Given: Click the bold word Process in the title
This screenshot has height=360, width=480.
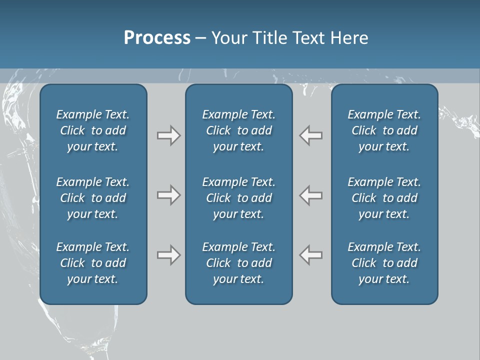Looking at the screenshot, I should [x=157, y=38].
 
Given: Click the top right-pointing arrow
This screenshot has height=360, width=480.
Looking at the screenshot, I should [x=168, y=135].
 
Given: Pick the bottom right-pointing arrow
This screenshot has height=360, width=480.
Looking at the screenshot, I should [x=168, y=255].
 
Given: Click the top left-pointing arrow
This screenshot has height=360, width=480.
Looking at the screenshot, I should [x=311, y=135].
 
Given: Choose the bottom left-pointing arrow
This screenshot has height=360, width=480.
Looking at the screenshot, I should [x=311, y=255].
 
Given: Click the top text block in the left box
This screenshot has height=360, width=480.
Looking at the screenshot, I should [x=93, y=130].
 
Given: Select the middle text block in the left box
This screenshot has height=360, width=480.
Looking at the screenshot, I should [x=93, y=198].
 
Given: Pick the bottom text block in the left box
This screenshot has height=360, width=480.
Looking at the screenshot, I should [x=93, y=263].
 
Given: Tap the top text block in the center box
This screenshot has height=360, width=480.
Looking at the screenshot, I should [x=239, y=130].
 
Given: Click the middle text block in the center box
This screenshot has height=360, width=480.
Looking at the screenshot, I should [x=239, y=198].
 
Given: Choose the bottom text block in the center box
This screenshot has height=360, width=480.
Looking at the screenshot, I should [x=239, y=263].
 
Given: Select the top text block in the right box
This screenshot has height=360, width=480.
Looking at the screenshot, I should [x=384, y=130].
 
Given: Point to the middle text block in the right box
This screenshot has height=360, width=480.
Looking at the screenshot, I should [x=384, y=198].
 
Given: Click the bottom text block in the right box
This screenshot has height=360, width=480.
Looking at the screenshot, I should [x=384, y=263].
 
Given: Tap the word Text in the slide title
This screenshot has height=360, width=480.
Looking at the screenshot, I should [x=307, y=38].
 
